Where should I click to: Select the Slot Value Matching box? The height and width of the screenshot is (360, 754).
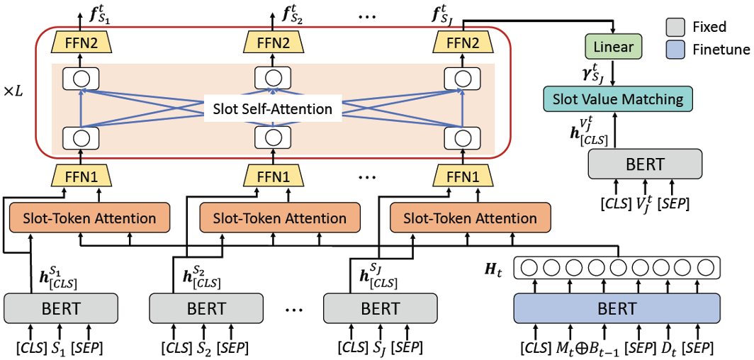pyautogui.click(x=617, y=99)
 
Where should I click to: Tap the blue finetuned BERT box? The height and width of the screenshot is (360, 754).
pyautogui.click(x=617, y=309)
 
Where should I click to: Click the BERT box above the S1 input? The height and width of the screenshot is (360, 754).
pyautogui.click(x=61, y=309)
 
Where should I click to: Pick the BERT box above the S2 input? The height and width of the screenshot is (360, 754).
pyautogui.click(x=206, y=309)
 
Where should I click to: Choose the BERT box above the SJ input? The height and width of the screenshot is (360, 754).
pyautogui.click(x=380, y=309)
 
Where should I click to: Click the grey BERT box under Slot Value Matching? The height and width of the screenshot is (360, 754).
pyautogui.click(x=645, y=164)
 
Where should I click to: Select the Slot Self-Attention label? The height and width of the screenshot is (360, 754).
pyautogui.click(x=273, y=109)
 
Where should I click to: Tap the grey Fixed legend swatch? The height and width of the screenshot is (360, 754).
pyautogui.click(x=676, y=28)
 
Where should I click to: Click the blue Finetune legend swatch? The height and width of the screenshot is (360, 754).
pyautogui.click(x=676, y=50)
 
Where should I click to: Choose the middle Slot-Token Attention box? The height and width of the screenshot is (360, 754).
pyautogui.click(x=280, y=218)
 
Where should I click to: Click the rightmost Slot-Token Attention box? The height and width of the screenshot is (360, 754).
pyautogui.click(x=470, y=218)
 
